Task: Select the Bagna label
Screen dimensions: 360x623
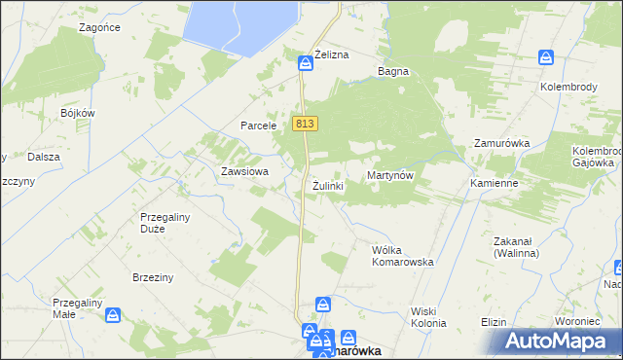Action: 393,72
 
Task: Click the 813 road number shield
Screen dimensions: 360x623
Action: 305,124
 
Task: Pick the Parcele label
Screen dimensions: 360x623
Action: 260,126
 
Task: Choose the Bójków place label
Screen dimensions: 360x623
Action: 77,113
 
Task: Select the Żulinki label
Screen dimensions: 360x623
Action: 328,185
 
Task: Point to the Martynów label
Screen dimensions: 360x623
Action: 391,175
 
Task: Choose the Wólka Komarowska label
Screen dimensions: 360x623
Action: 402,256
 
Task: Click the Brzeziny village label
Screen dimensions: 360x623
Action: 153,277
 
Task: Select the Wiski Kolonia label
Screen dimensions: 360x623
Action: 428,317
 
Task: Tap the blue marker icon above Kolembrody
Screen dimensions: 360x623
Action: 547,60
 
